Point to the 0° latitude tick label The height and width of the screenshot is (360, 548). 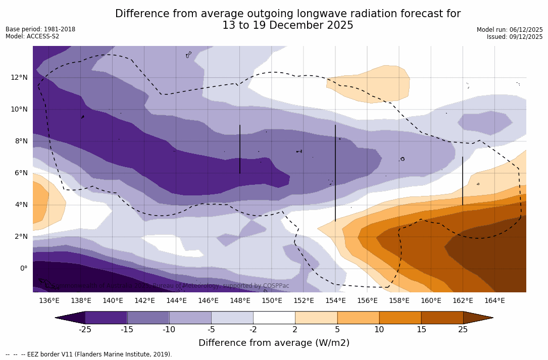[24, 268]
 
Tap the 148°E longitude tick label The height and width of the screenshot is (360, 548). [240, 301]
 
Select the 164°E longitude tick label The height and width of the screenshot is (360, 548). [494, 301]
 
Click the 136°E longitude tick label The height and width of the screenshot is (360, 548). [49, 301]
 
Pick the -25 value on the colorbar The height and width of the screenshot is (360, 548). [85, 330]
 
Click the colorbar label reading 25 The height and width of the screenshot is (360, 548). [463, 330]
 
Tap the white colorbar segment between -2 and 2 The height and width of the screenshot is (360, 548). [274, 318]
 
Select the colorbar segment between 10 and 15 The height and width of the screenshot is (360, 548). [400, 318]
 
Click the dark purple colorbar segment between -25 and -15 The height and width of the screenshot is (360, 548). [106, 318]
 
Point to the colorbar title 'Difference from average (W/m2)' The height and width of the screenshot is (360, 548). [274, 343]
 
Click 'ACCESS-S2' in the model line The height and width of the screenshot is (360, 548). [42, 36]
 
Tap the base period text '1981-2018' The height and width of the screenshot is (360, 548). [59, 29]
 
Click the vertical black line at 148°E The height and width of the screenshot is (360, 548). [240, 149]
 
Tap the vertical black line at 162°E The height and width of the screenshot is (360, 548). [463, 181]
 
